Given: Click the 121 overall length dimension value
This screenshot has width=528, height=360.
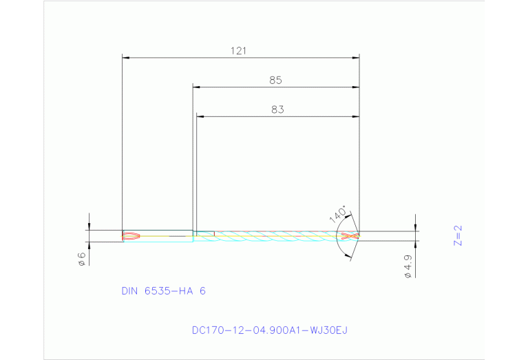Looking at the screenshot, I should point(240,51).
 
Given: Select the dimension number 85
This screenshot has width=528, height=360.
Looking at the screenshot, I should point(275,81).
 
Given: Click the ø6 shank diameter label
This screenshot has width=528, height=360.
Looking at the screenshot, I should point(81,258).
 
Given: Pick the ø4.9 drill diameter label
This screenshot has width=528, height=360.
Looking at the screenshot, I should point(408,266).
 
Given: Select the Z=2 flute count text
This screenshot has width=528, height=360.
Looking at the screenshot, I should point(458,235).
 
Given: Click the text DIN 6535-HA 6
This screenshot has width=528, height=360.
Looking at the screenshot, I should point(163,291).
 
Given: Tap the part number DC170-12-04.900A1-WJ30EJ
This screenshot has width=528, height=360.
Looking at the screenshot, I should point(270,330).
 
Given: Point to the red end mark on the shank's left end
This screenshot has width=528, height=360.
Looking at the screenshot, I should point(131,236).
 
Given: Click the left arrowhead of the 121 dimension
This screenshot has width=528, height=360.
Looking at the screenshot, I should point(125,58).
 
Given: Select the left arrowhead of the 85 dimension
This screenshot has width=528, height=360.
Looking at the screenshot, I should point(196,87).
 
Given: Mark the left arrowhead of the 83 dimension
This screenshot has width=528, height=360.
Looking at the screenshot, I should point(200,116).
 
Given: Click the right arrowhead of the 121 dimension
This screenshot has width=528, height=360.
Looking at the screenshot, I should point(356,58).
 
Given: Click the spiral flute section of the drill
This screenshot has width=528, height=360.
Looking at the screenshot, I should point(275,236).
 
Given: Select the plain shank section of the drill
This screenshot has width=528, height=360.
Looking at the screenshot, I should point(165,236).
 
